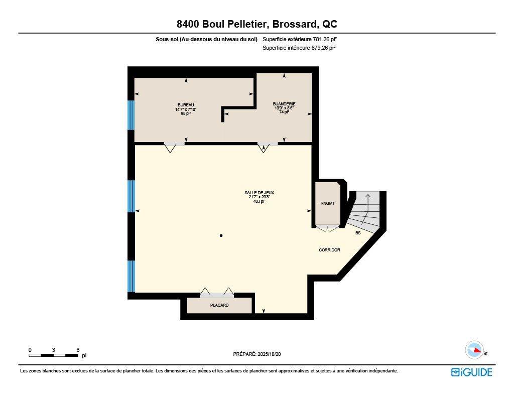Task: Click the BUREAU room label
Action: click(185, 104)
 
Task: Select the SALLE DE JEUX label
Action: click(259, 192)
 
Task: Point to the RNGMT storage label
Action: click(327, 203)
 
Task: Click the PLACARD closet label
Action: click(219, 305)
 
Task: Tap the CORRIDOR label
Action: click(329, 250)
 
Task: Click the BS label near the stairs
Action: click(358, 233)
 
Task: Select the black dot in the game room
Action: click(221, 235)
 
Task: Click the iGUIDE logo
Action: click(471, 372)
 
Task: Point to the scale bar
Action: click(54, 355)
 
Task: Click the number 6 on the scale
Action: click(78, 349)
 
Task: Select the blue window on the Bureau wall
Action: click(131, 115)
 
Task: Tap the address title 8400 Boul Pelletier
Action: click(256, 24)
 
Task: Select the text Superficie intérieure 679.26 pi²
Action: click(299, 48)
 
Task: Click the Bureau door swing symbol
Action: click(170, 148)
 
